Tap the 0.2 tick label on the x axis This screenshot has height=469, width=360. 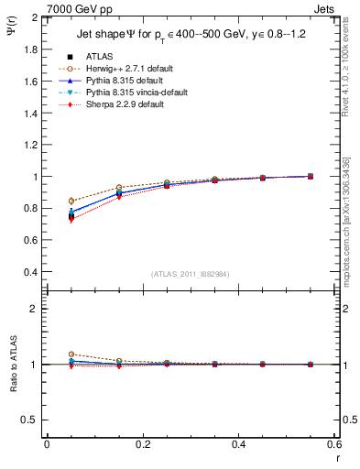point(142,444)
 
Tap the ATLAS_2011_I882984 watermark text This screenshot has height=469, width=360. point(191,274)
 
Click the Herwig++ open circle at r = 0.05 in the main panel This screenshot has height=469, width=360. point(71,201)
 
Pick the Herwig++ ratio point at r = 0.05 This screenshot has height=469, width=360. point(71,354)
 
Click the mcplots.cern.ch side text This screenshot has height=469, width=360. point(351,220)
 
